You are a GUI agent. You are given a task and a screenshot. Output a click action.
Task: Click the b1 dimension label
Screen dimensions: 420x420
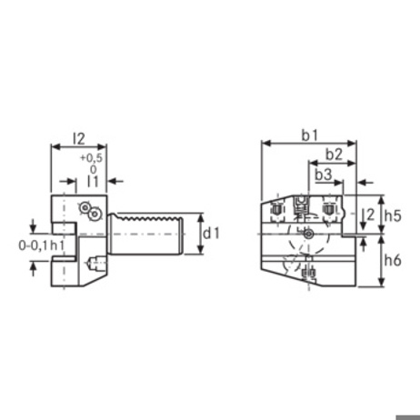click(310, 135)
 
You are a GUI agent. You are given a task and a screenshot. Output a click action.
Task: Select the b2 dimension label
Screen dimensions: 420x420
click(334, 155)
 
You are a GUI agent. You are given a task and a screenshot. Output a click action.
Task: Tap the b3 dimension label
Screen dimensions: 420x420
click(324, 175)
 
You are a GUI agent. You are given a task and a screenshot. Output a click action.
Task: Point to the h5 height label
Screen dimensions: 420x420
click(393, 215)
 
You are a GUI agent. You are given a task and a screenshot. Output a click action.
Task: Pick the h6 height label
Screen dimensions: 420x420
click(393, 260)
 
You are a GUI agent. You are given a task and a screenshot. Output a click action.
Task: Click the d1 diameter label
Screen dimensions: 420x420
click(211, 234)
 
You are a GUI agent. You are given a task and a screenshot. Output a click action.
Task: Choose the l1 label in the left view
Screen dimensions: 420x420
click(93, 181)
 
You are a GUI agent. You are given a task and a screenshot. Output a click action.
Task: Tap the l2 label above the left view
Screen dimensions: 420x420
click(79, 139)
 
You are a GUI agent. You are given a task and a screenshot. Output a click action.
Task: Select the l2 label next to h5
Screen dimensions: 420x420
click(370, 215)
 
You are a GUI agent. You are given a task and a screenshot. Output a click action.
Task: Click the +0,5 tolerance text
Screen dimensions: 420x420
click(91, 158)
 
